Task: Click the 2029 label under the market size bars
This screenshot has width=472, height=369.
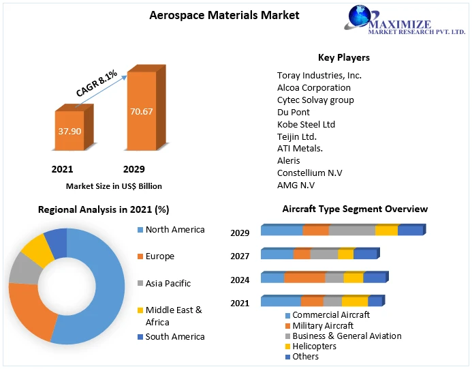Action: [x=133, y=169]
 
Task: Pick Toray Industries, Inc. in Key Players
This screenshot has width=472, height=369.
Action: [x=319, y=76]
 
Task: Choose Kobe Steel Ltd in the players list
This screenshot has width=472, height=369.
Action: [x=306, y=125]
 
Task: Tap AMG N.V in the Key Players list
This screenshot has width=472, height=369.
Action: [x=296, y=186]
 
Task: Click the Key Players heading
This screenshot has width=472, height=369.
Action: [x=343, y=57]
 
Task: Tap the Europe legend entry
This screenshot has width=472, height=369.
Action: [x=159, y=256]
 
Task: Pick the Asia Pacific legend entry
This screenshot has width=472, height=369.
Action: [x=168, y=283]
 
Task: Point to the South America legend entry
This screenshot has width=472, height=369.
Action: [x=174, y=336]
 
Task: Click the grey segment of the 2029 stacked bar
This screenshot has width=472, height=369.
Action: [x=351, y=231]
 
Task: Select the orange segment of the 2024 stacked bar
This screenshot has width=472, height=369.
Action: [x=304, y=277]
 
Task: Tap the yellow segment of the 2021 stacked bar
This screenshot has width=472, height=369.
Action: [x=354, y=301]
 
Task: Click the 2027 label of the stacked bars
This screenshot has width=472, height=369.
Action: [x=240, y=256]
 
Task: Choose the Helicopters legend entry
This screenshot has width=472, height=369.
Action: [x=314, y=346]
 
